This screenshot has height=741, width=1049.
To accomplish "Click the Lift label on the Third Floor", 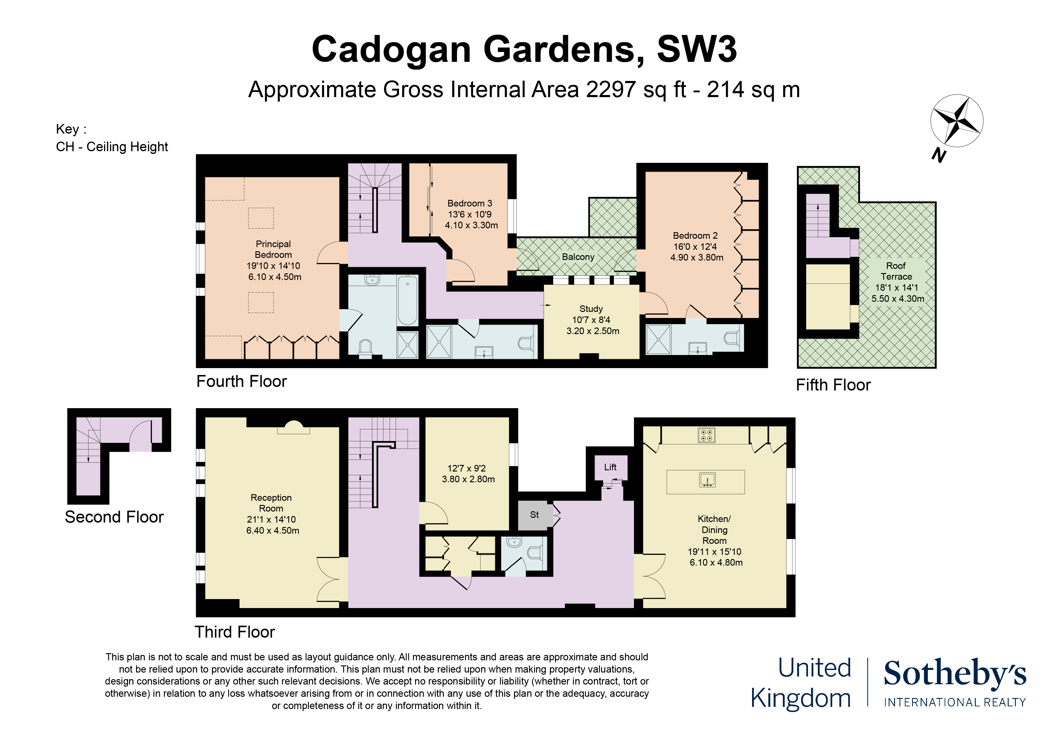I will (610, 467).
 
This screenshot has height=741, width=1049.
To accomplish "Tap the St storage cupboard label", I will (534, 515).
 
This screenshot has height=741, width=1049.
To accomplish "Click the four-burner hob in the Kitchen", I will (706, 435).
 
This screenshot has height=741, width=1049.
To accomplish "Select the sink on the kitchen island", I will (707, 480).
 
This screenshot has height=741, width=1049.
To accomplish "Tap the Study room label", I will (591, 309).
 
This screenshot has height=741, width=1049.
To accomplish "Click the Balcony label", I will (578, 257).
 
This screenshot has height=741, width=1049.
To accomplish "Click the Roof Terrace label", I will (896, 271).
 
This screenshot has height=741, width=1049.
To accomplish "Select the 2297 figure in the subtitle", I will (610, 89).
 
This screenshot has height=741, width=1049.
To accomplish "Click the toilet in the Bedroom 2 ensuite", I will (731, 338).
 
